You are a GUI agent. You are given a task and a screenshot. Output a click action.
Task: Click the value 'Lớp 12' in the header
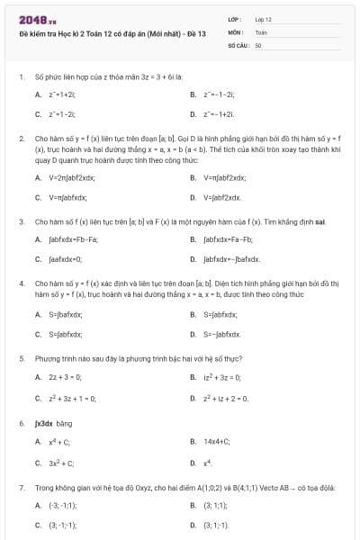pos(264,18)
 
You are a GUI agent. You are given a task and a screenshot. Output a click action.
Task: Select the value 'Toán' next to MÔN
pos(261,31)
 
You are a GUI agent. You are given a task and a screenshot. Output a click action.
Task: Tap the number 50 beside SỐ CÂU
pos(258,43)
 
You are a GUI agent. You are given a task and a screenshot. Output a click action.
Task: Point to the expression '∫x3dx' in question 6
pos(45,422)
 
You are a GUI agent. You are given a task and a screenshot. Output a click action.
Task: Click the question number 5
pos(21,357)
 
